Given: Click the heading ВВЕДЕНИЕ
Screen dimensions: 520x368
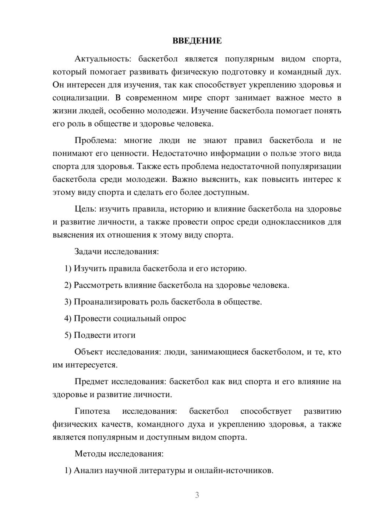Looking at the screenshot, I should pos(197,41).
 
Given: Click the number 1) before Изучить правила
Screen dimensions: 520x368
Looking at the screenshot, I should pos(68,268).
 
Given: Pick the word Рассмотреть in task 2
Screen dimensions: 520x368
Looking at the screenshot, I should pos(95,285).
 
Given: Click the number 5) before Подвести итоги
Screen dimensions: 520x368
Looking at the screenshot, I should pos(68,335).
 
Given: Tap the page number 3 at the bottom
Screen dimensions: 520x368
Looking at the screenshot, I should pos(197,495).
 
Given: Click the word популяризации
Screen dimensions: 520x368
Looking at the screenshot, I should pos(311,166).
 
